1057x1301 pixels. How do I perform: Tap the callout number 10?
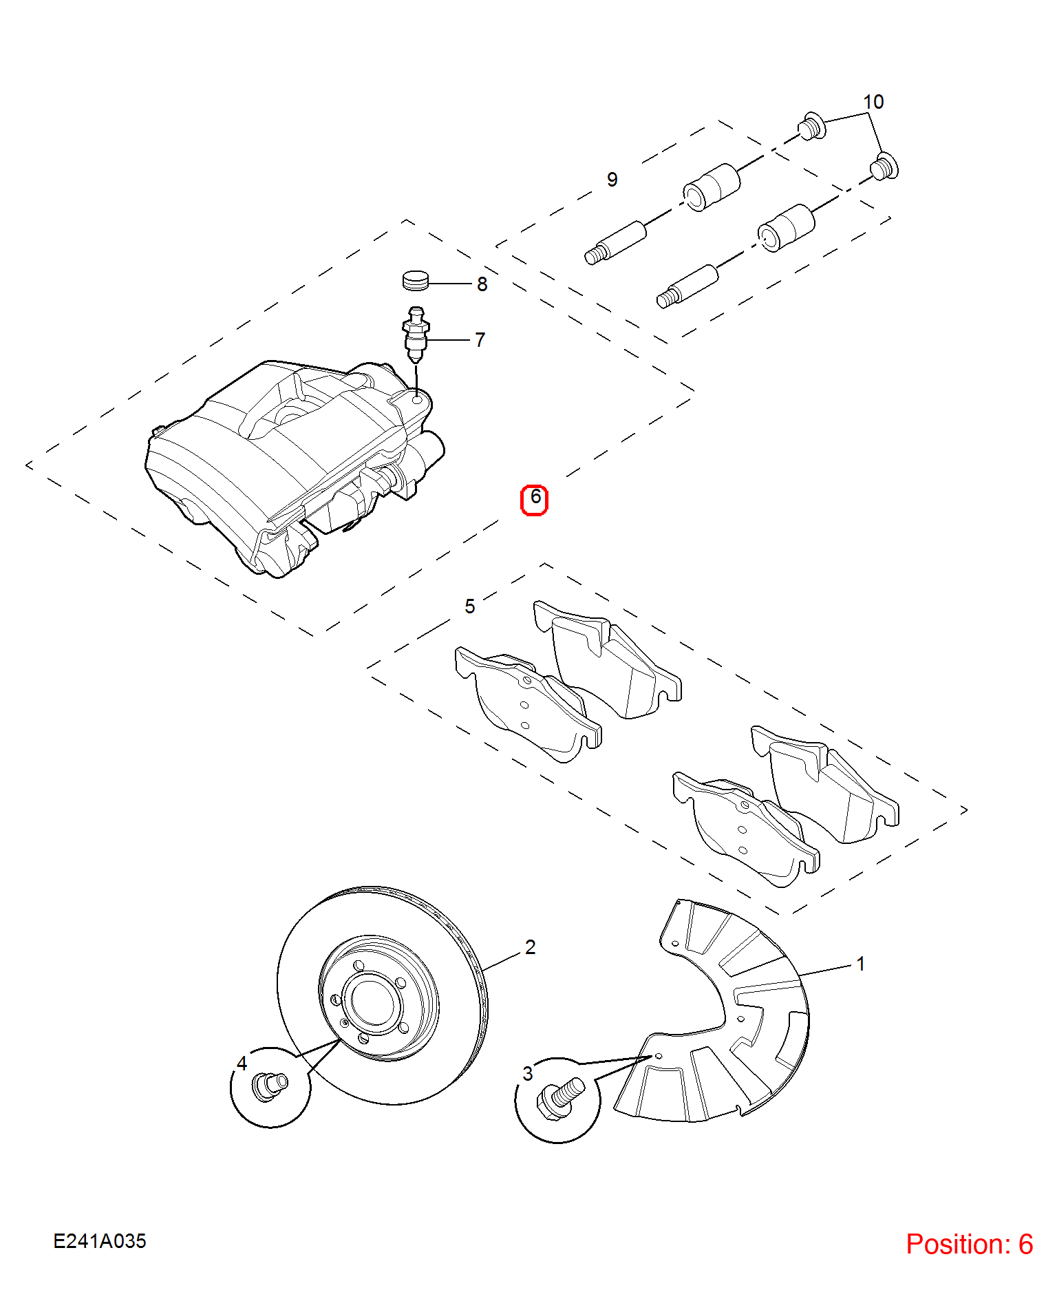(x=873, y=102)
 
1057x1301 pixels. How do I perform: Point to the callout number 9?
(x=612, y=180)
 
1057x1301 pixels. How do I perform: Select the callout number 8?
(x=482, y=284)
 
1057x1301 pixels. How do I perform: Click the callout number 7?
(x=480, y=340)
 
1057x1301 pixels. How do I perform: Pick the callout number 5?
(x=469, y=606)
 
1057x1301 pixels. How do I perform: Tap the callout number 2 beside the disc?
(x=530, y=947)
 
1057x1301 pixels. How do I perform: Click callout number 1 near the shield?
(x=860, y=964)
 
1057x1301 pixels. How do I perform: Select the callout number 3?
(x=528, y=1073)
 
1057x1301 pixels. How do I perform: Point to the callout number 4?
(x=242, y=1064)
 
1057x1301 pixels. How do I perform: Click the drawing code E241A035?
(x=100, y=1241)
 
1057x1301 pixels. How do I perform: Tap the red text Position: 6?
(x=969, y=1244)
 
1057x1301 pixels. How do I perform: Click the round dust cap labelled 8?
(x=415, y=280)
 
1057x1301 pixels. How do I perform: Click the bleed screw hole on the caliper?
(x=417, y=399)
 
